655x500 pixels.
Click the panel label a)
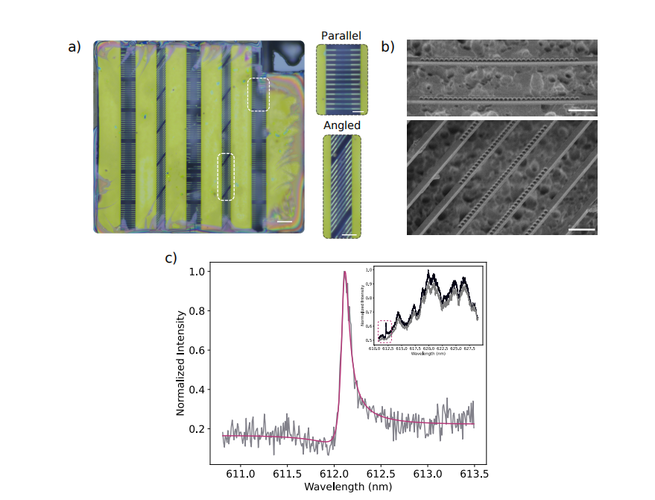[x=74, y=47]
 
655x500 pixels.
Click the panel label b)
[x=387, y=47]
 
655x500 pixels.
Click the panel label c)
[x=171, y=258]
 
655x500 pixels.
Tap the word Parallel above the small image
[x=342, y=36]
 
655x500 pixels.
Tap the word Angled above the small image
[x=342, y=125]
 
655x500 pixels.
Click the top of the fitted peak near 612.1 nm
[x=344, y=272]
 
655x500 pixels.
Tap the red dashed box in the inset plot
[x=385, y=331]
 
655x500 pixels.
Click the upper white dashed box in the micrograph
[x=258, y=94]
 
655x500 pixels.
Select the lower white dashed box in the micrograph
[x=226, y=177]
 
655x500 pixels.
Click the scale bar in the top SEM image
[x=582, y=110]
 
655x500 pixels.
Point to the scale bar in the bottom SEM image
[x=582, y=230]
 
